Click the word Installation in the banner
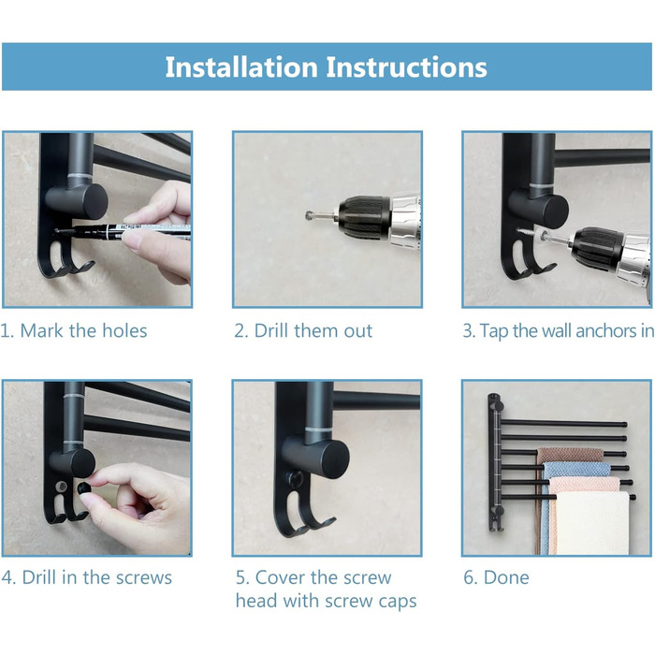241,66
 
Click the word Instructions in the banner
406,66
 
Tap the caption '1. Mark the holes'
74,331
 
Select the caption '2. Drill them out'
303,331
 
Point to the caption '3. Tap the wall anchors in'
559,331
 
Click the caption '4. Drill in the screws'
86,577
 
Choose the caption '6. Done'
496,577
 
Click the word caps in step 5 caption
398,602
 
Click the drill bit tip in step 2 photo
309,215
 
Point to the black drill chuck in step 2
364,217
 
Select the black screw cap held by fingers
85,488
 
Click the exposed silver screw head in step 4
62,487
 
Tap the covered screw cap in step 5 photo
295,478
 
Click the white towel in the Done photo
593,522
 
